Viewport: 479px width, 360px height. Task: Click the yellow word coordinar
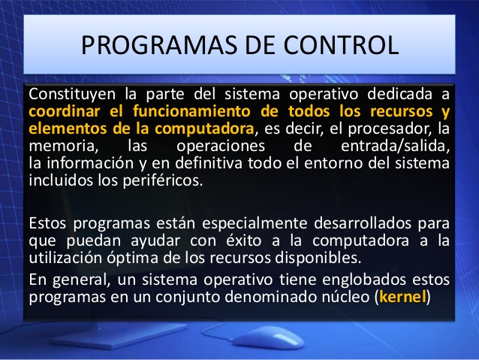62,112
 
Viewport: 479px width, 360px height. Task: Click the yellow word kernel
403,296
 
